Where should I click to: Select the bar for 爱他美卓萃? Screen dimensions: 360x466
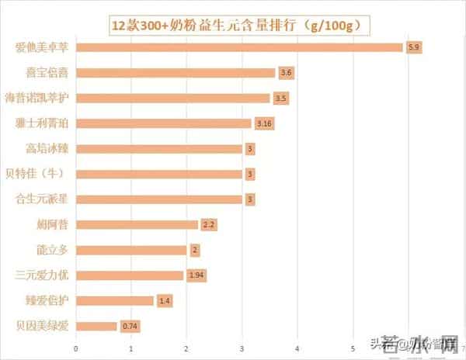click(239, 47)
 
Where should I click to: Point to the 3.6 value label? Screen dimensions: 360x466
click(286, 73)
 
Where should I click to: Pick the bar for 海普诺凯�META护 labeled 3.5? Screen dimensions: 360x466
click(173, 99)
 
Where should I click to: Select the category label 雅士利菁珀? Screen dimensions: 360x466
click(45, 123)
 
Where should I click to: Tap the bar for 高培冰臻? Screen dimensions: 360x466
click(159, 149)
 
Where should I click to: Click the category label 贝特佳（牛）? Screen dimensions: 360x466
click(46, 174)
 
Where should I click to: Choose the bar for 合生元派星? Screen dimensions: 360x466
click(159, 199)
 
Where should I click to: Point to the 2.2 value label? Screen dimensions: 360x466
click(208, 225)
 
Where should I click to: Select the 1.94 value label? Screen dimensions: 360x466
click(196, 275)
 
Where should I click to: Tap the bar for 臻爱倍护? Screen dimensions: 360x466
click(115, 300)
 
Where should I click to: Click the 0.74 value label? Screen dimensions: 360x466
click(130, 326)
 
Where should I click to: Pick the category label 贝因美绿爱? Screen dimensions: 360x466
click(46, 326)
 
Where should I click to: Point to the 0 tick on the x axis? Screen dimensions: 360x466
click(75, 348)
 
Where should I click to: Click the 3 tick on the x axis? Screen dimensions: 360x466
click(242, 348)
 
